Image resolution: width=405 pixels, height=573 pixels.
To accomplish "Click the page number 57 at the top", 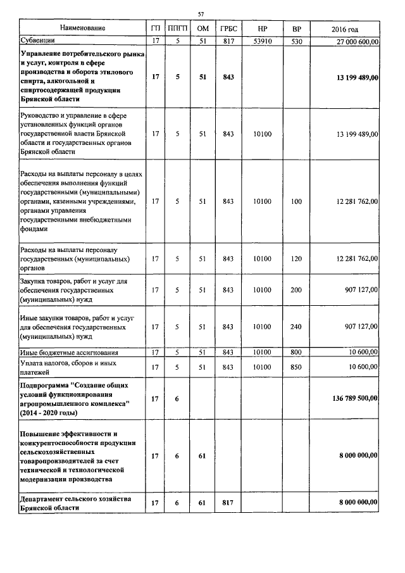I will (201, 13).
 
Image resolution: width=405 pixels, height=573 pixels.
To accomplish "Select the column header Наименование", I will (83, 28).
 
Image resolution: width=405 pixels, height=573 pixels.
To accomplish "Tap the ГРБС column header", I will (228, 29).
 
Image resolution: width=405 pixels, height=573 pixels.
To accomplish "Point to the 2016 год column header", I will (345, 29).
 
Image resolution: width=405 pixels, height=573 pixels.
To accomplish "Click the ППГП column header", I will (178, 29).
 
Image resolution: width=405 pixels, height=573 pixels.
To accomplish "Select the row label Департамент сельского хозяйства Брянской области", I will (75, 503).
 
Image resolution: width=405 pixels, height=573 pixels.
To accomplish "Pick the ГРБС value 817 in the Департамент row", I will (228, 503).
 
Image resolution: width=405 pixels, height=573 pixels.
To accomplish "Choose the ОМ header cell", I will (203, 29).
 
